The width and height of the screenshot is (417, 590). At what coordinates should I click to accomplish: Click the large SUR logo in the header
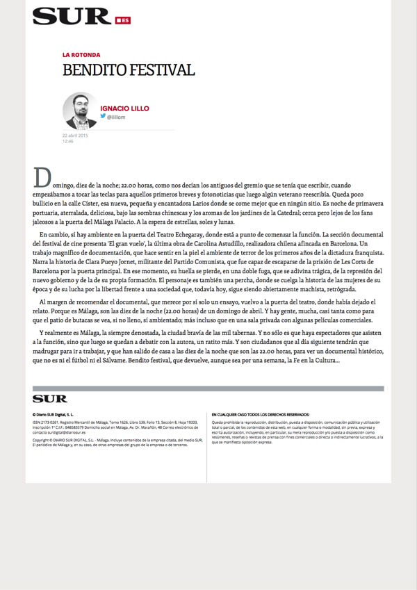(x=71, y=16)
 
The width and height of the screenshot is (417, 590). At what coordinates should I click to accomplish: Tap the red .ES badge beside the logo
(x=122, y=20)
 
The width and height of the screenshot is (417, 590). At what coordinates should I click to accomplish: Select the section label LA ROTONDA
(x=81, y=54)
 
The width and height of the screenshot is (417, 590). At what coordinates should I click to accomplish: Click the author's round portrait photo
(x=79, y=110)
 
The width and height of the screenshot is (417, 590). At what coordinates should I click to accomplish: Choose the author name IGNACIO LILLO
(x=124, y=108)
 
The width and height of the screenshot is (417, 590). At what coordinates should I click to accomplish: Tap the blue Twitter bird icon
(x=103, y=117)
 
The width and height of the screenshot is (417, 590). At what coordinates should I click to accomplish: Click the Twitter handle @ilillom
(x=116, y=117)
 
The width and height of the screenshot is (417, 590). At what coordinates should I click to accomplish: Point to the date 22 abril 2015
(x=75, y=135)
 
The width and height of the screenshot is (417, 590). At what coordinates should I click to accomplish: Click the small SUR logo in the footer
(x=49, y=399)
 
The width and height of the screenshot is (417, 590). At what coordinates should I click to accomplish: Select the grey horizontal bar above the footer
(x=208, y=388)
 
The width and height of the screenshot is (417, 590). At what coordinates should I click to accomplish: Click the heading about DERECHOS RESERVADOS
(x=261, y=414)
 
